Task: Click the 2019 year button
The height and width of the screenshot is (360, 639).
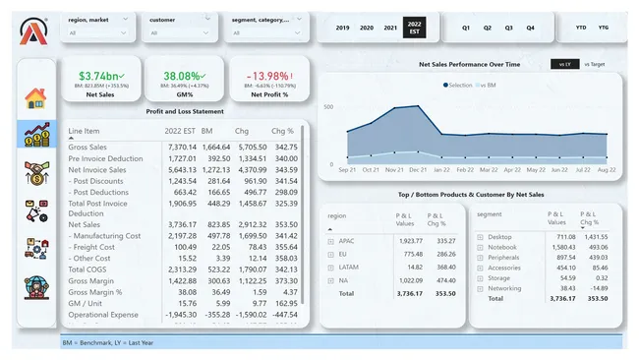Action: click(x=343, y=28)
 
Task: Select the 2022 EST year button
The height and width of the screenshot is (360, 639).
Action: click(x=415, y=28)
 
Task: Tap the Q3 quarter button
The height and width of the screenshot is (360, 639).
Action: click(x=508, y=28)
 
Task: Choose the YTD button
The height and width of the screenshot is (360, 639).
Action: click(x=580, y=28)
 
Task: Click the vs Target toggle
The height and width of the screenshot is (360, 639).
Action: click(x=595, y=64)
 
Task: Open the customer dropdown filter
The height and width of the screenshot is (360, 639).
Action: click(x=178, y=32)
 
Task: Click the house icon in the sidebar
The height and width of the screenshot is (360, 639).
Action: click(x=35, y=98)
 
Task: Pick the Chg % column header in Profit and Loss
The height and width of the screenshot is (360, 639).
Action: click(x=283, y=131)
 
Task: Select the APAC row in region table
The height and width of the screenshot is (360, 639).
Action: click(x=345, y=240)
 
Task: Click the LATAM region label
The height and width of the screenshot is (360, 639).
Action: click(x=348, y=266)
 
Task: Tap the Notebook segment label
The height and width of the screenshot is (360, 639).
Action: click(x=503, y=247)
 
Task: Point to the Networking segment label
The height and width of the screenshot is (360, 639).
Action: click(x=506, y=287)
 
